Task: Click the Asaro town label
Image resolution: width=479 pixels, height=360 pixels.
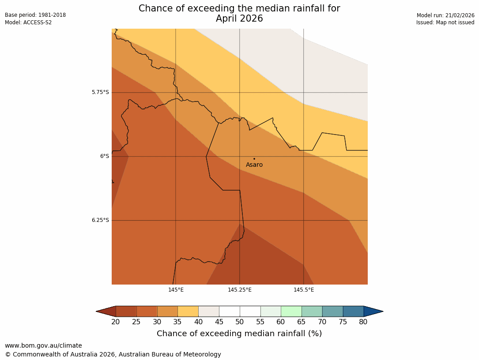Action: [254, 165]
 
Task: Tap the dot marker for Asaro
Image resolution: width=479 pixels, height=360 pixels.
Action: [254, 159]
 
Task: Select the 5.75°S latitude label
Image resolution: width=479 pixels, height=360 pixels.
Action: [100, 92]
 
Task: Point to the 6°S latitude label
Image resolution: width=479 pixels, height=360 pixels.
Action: [104, 156]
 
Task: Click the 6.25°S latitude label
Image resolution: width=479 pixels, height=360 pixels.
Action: [100, 220]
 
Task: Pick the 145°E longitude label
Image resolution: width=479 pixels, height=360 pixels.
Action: [176, 290]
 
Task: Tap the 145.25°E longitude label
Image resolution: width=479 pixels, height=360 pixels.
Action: [240, 290]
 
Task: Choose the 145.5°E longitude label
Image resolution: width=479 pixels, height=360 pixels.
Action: [304, 290]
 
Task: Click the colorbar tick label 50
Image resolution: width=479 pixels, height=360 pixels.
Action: [240, 322]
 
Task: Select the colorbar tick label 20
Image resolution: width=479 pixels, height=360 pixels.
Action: [116, 322]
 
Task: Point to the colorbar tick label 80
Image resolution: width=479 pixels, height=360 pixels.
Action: [363, 322]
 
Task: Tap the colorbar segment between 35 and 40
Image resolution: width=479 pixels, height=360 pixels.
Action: [188, 311]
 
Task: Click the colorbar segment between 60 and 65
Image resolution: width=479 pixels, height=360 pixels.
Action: [291, 311]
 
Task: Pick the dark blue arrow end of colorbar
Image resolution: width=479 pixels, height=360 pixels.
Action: [373, 311]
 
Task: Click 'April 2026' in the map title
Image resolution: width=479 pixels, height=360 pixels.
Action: [239, 19]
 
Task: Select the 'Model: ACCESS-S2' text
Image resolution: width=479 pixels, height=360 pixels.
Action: [28, 22]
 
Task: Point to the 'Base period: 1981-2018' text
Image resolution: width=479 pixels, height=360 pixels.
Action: [35, 15]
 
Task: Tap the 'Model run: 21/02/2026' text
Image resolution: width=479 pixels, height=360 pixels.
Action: [445, 15]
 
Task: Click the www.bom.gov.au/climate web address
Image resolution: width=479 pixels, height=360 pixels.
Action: [43, 345]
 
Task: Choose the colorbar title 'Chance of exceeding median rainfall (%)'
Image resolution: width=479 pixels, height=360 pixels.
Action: [239, 334]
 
